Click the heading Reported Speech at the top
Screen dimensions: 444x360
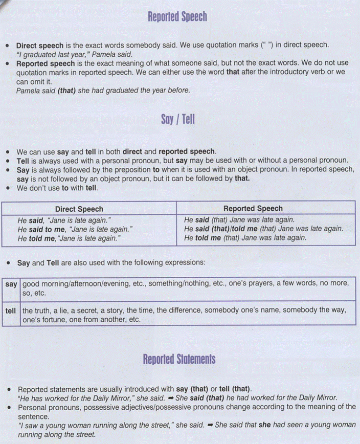tap(177, 17)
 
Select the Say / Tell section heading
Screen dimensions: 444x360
tap(177, 120)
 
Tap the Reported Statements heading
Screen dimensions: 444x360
tap(179, 360)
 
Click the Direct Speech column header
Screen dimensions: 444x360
tap(79, 209)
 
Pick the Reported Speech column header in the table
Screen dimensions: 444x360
tap(253, 209)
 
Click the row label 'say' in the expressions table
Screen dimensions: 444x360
tap(11, 283)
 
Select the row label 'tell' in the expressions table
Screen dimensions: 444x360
tap(11, 310)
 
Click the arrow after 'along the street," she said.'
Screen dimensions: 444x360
tap(210, 425)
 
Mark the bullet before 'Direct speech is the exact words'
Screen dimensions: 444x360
tap(8, 46)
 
